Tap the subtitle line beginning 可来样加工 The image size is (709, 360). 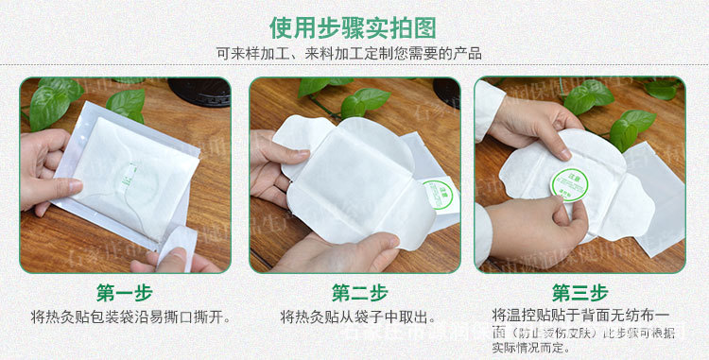(x=354, y=53)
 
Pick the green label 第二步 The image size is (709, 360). (x=355, y=292)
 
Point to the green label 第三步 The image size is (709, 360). (x=579, y=292)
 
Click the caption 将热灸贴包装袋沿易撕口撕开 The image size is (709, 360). (x=130, y=317)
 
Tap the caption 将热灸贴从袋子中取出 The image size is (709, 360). (x=357, y=317)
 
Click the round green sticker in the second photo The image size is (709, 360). (x=438, y=194)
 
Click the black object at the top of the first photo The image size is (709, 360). (x=199, y=91)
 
